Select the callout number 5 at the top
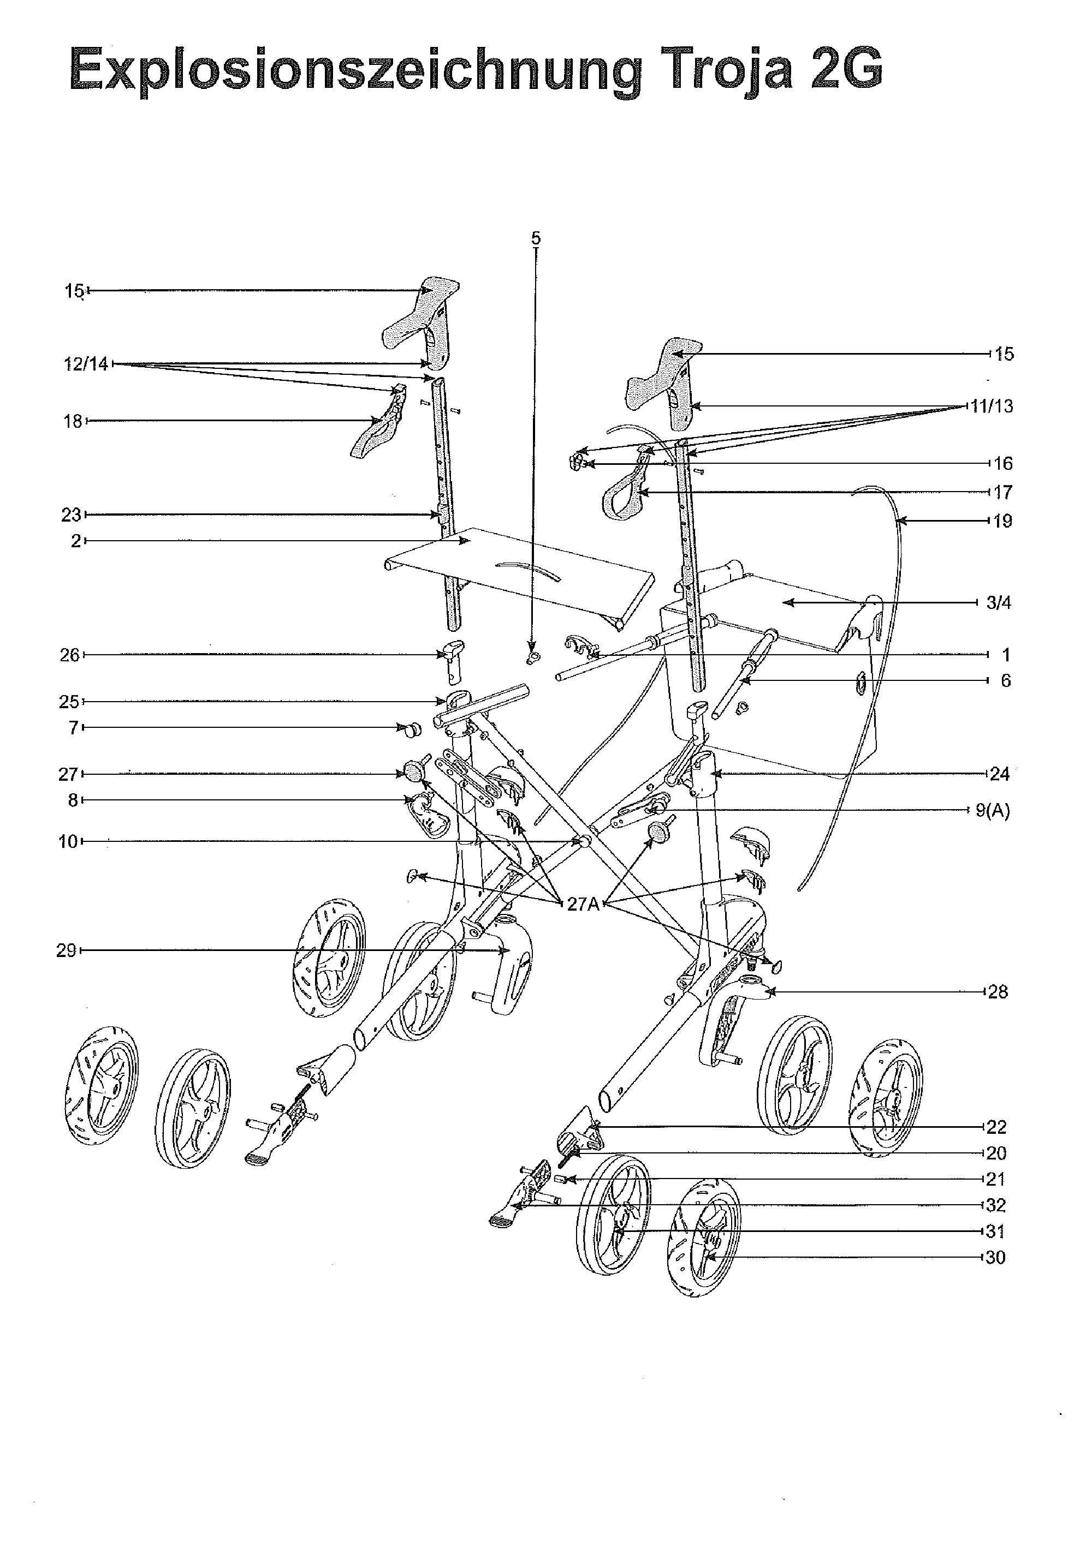[535, 238]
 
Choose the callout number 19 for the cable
[1002, 521]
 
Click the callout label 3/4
[998, 603]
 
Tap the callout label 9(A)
[992, 810]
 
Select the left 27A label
[583, 904]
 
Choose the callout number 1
[1005, 655]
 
